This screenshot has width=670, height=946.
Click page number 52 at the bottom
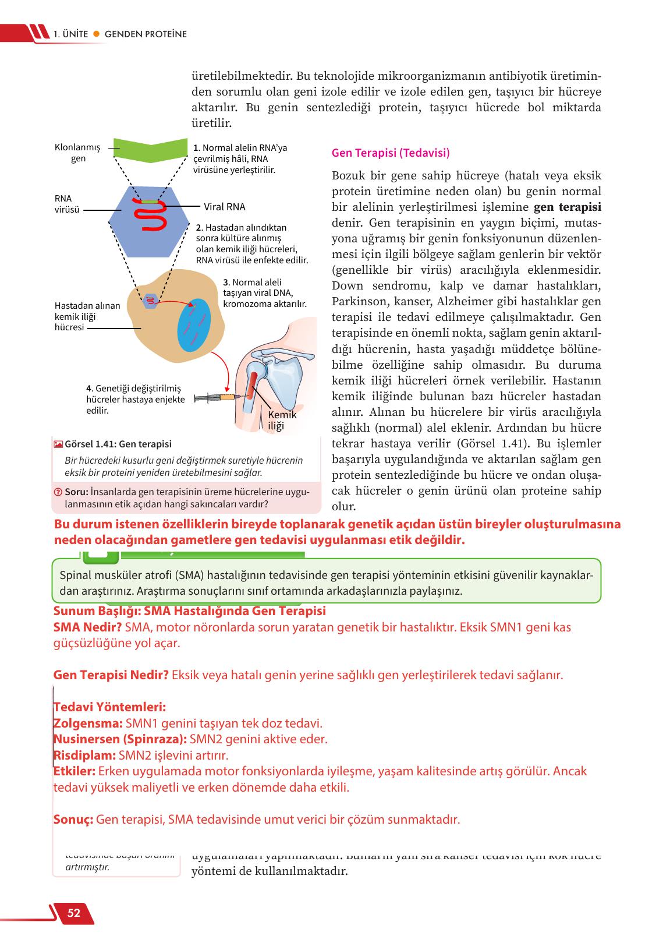pyautogui.click(x=74, y=913)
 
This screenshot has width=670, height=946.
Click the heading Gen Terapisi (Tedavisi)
pyautogui.click(x=390, y=153)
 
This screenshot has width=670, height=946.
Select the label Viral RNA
pyautogui.click(x=224, y=207)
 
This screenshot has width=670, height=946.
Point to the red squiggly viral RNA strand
pyautogui.click(x=153, y=216)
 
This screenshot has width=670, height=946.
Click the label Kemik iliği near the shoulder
pyautogui.click(x=282, y=420)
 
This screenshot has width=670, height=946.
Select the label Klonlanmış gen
pyautogui.click(x=78, y=153)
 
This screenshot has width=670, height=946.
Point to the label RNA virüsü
pyautogui.click(x=66, y=204)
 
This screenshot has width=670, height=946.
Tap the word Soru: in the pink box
pyautogui.click(x=76, y=492)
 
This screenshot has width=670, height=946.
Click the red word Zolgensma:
pyautogui.click(x=88, y=723)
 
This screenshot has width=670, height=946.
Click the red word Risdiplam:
pyautogui.click(x=85, y=756)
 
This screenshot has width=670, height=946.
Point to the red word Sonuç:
pyautogui.click(x=73, y=820)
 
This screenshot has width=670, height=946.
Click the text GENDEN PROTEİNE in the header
pyautogui.click(x=146, y=34)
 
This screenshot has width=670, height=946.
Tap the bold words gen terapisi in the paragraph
pyautogui.click(x=568, y=207)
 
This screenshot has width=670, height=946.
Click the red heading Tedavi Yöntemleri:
pyautogui.click(x=110, y=707)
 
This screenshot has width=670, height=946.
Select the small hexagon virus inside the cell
pyautogui.click(x=150, y=301)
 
